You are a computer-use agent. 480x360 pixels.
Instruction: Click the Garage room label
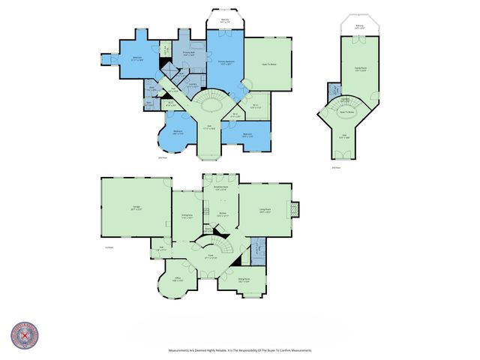point(136,210)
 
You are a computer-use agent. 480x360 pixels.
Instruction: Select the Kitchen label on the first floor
point(222,215)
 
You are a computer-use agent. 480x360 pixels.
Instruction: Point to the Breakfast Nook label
point(220,189)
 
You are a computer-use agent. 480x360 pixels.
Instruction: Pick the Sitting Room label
point(244,280)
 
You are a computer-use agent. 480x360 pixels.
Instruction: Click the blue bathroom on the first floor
point(256,248)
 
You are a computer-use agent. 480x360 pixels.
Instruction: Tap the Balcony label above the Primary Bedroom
point(225,22)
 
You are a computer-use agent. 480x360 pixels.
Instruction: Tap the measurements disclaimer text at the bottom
point(239,350)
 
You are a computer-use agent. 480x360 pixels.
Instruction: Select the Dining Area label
point(187,216)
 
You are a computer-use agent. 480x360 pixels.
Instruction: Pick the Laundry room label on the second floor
point(192,86)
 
